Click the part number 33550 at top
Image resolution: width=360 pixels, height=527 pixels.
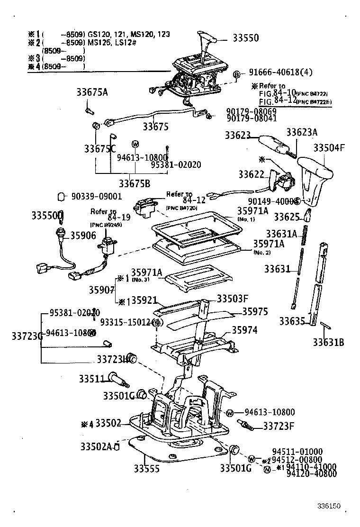point(245,38)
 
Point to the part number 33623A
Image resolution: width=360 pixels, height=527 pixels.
point(302,134)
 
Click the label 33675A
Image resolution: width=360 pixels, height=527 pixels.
point(92,92)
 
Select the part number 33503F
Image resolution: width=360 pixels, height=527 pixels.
point(233,299)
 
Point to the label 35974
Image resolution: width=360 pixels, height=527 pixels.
point(244,330)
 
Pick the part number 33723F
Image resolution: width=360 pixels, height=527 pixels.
point(279,425)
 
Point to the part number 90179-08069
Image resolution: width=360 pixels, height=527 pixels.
point(251,110)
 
